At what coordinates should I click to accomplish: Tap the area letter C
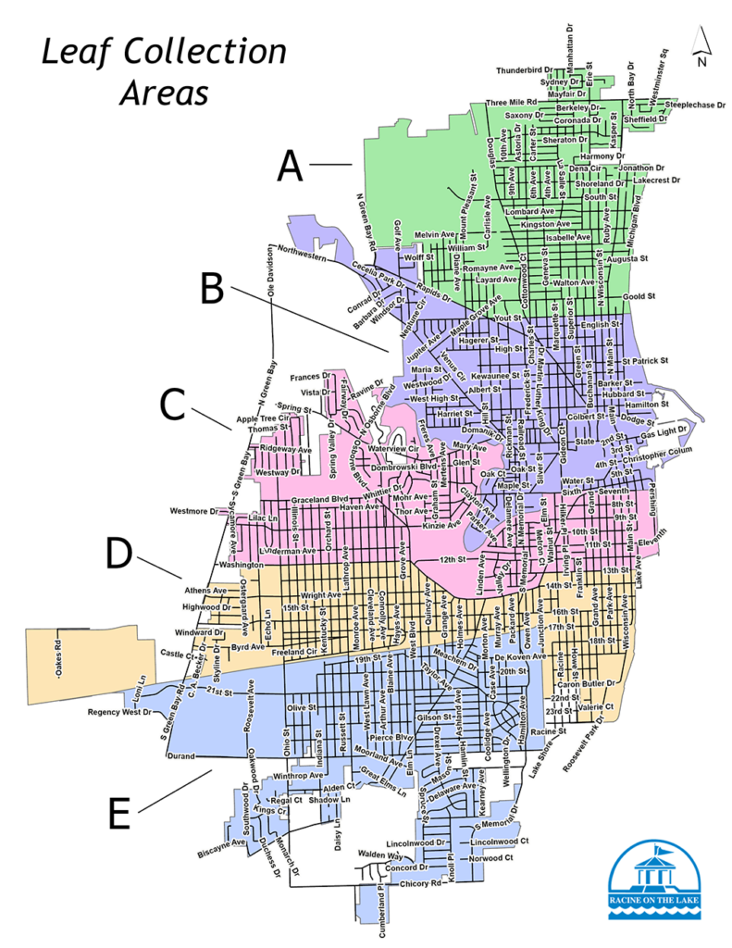[x=172, y=404]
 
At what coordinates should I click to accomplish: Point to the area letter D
[x=118, y=554]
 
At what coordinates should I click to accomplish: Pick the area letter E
[x=118, y=814]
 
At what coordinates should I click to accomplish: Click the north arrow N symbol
[x=702, y=50]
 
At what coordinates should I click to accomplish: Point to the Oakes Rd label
[x=57, y=659]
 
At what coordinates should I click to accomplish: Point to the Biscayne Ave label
[x=220, y=843]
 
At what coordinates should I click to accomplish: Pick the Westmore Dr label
[x=192, y=511]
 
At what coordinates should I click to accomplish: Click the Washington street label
[x=242, y=564]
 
